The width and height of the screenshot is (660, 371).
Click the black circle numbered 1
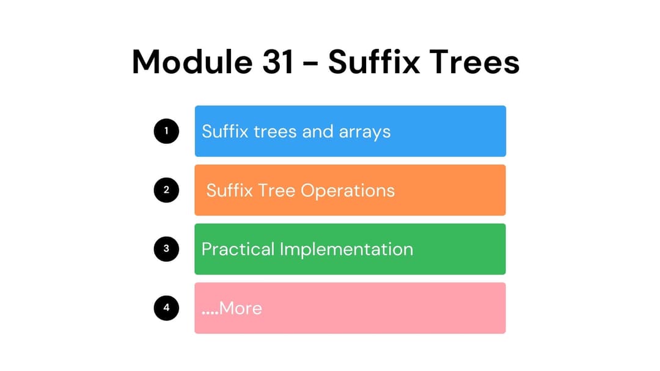pos(166,131)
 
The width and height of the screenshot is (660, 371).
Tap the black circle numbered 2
pos(166,190)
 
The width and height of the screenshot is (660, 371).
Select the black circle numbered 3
pos(166,249)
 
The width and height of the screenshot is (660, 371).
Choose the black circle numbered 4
pos(166,308)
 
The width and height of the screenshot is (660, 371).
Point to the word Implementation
pos(346,250)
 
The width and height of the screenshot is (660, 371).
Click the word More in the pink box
pos(241,309)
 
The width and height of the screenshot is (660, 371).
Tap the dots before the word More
pos(210,312)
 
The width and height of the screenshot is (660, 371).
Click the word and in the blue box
pos(317,131)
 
